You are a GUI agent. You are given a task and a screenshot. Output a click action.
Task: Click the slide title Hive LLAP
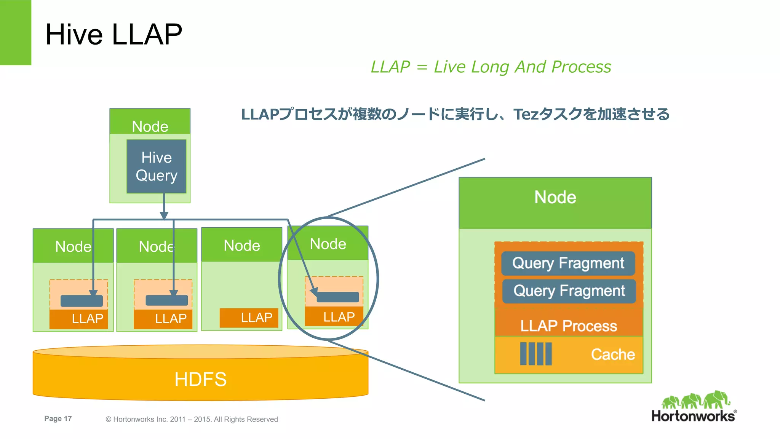tap(113, 34)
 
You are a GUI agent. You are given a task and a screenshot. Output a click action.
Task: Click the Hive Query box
tap(157, 166)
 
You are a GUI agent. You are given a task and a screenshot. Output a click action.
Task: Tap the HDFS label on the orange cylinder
tap(200, 379)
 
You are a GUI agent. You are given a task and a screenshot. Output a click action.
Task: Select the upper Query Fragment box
tap(568, 263)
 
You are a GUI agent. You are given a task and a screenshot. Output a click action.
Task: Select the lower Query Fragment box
tap(569, 291)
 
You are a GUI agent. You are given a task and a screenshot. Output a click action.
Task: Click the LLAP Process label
tap(568, 326)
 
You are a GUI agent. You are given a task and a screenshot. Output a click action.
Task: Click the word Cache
tap(612, 354)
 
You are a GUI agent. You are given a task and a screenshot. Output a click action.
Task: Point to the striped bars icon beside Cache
tap(536, 354)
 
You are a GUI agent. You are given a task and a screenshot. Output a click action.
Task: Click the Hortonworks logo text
tap(693, 416)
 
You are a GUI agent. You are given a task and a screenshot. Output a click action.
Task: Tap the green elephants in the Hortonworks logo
tap(695, 399)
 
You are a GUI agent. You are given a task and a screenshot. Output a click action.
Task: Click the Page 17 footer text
tap(58, 418)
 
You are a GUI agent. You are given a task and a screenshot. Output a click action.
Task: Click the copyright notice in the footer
tap(192, 419)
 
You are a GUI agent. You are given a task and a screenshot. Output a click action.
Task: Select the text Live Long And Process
tap(522, 67)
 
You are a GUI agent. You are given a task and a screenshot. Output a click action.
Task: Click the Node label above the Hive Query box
tap(150, 126)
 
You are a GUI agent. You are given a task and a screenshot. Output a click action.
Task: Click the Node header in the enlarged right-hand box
tap(555, 197)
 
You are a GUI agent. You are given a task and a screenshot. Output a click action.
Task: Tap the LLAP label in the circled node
tap(339, 317)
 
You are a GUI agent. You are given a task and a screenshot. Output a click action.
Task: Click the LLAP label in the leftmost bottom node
tap(87, 318)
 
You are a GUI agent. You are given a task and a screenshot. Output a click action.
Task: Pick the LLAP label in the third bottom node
tap(256, 318)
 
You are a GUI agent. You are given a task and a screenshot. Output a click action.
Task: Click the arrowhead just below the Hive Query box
tap(164, 216)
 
